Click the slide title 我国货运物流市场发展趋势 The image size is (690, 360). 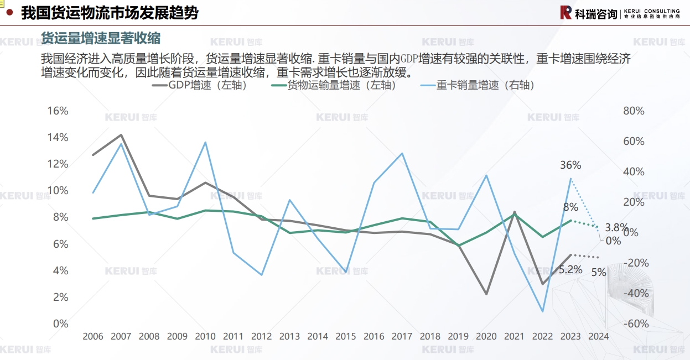109,13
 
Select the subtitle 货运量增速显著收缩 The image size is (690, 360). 101,38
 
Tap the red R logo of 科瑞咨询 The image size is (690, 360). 566,13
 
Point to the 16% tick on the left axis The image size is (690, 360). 58,111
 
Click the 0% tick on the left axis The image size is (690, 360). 60,324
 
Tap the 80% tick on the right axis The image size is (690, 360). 634,111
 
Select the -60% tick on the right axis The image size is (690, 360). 635,324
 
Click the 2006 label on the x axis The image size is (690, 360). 93,336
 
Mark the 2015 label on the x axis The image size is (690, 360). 346,336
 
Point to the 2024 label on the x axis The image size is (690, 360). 599,336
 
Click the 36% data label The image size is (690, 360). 570,165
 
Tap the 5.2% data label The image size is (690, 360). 570,270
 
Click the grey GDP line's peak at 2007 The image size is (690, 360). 121,135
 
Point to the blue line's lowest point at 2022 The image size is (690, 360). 542,311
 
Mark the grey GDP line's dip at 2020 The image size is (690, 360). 486,294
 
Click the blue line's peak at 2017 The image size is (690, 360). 402,153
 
